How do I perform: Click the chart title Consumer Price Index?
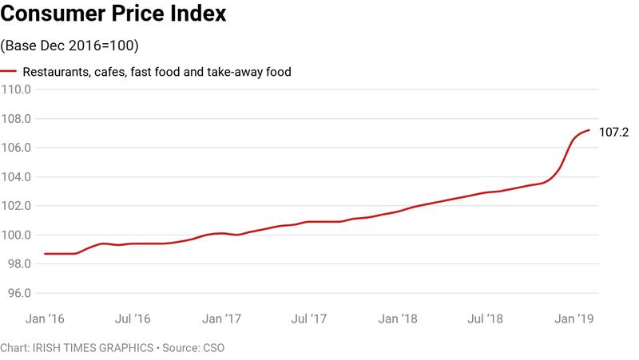[114, 14]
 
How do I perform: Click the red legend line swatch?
[9, 71]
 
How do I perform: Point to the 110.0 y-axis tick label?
[16, 90]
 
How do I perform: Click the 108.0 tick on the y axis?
[16, 119]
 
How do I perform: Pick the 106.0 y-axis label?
[16, 148]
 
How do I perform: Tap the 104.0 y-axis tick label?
[16, 177]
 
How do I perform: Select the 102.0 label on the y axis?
[16, 206]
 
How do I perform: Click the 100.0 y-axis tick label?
[16, 235]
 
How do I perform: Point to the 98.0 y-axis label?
[18, 264]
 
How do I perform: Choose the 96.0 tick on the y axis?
[18, 293]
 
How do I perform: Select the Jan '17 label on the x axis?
[221, 318]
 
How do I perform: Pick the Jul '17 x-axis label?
[310, 318]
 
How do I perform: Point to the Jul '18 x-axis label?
[486, 318]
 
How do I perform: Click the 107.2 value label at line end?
[614, 133]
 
